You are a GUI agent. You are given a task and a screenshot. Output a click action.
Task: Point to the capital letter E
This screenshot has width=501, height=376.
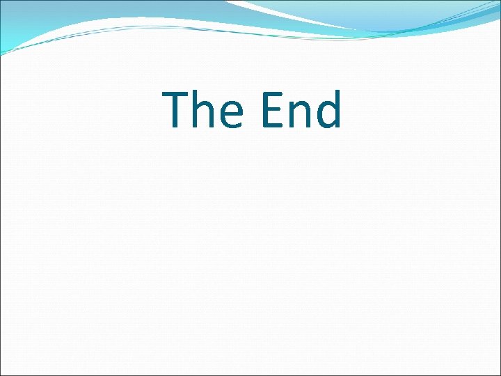(270, 110)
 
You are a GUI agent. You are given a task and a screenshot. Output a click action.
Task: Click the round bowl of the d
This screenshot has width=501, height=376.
(324, 116)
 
